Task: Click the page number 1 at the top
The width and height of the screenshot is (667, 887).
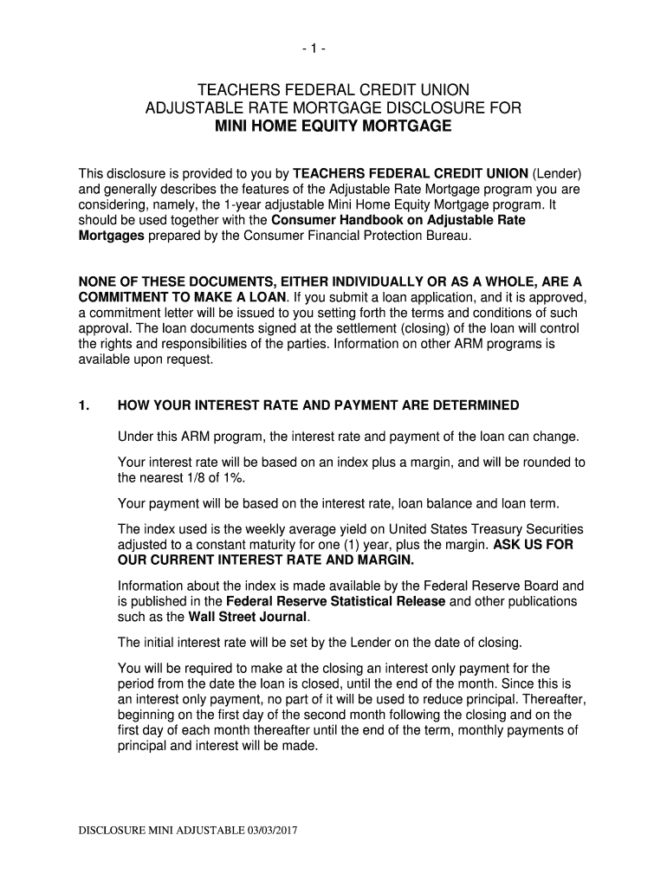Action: pyautogui.click(x=333, y=50)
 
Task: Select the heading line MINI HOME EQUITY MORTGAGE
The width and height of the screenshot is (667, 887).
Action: pyautogui.click(x=333, y=126)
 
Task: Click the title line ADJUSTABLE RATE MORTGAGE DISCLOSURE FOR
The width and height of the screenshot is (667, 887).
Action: pyautogui.click(x=333, y=108)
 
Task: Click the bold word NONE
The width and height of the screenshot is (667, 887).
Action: pyautogui.click(x=99, y=282)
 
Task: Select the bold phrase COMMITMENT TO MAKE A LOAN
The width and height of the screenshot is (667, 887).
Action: pyautogui.click(x=181, y=298)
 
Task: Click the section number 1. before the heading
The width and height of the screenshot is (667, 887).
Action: pyautogui.click(x=85, y=405)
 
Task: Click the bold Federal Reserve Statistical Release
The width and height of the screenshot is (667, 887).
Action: pyautogui.click(x=335, y=601)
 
